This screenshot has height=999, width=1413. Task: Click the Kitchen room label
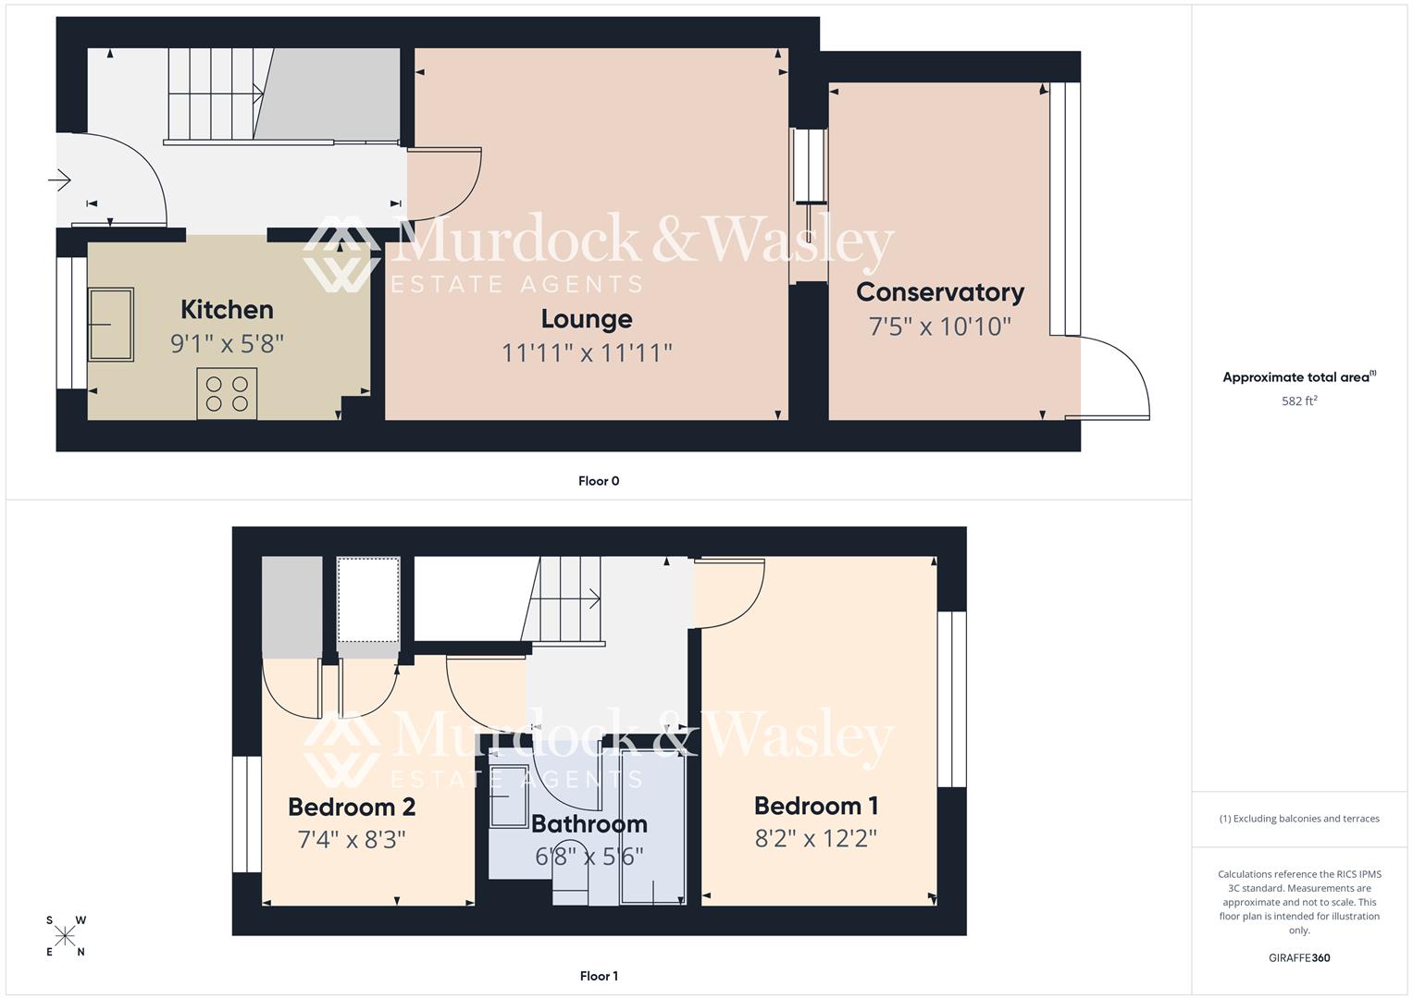(x=227, y=309)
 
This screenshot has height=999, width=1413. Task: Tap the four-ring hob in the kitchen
(x=227, y=393)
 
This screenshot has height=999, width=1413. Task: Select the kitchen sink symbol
(x=111, y=324)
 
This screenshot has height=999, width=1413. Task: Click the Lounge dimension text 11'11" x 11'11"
(x=587, y=352)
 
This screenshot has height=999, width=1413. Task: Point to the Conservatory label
(x=940, y=292)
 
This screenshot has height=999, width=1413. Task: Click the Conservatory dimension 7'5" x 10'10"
(x=940, y=327)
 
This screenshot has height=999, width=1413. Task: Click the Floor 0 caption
(x=599, y=481)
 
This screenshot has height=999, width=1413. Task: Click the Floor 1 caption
(x=599, y=976)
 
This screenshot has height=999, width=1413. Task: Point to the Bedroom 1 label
(x=816, y=807)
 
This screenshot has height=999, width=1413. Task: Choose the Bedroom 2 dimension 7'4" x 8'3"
(x=352, y=840)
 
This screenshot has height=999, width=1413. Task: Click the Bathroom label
(x=589, y=824)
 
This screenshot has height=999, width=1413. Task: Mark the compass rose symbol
(x=65, y=936)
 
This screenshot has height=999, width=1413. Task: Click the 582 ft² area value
(x=1299, y=401)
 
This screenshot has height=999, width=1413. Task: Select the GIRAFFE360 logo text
(x=1299, y=958)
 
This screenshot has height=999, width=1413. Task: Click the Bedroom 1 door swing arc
(x=731, y=593)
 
